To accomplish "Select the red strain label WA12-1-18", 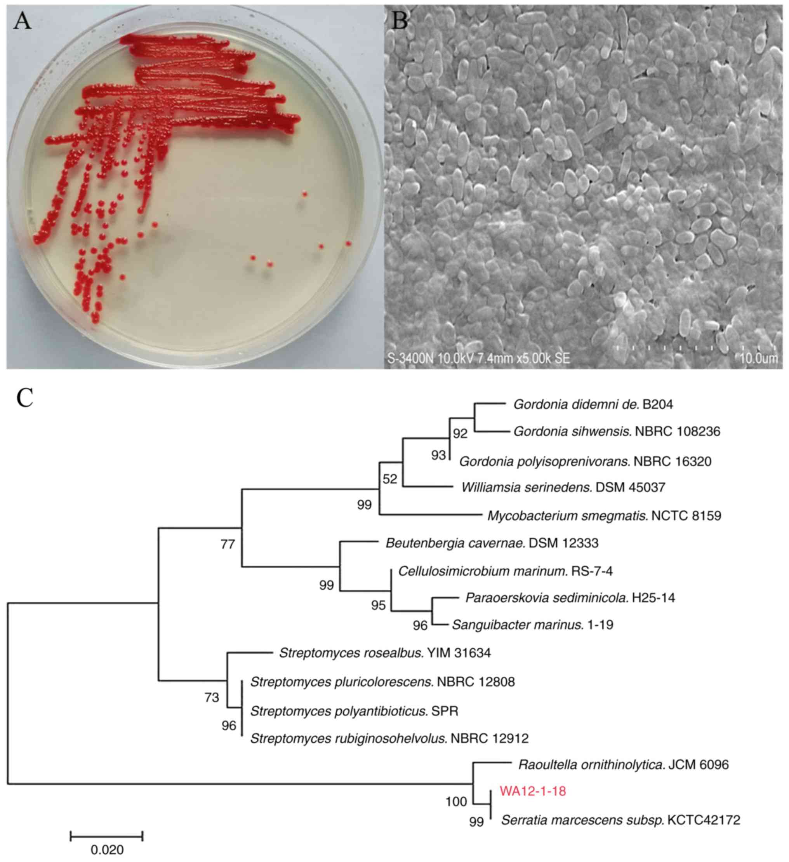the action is point(533,791).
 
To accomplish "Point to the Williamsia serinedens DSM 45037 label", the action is point(563,487).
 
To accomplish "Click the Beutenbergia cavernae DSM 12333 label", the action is point(492,543).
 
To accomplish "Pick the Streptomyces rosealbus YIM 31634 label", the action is point(385,653).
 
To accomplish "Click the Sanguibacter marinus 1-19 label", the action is point(532,625).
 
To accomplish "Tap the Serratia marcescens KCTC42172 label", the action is point(620,820).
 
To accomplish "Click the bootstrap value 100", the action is point(456,801).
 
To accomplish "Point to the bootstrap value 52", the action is point(390,479).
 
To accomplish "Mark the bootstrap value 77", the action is point(228,544).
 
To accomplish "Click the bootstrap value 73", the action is point(212,698).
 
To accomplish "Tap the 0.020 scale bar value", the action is point(107,849).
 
